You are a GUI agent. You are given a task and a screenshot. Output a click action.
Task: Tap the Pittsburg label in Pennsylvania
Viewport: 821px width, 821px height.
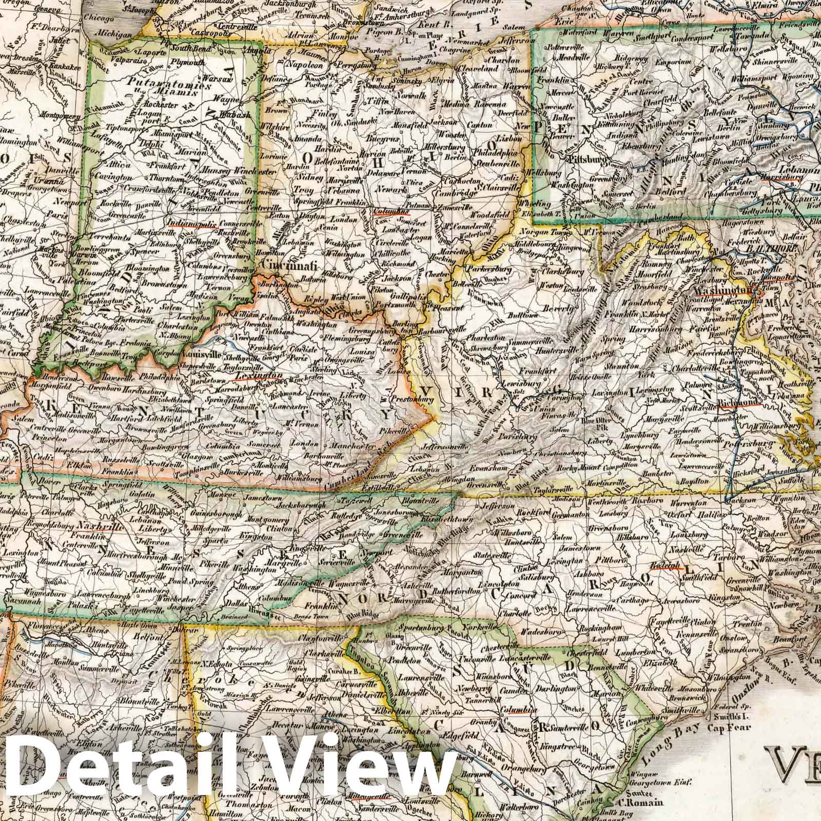tap(586, 159)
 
